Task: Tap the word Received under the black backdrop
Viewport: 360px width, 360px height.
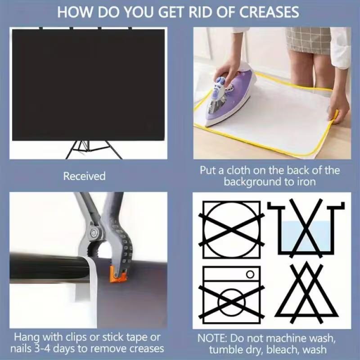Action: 84,176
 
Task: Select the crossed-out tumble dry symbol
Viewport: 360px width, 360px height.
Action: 231,230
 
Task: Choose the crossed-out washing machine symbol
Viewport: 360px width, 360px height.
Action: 231,295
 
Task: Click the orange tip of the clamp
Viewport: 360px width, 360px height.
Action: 118,274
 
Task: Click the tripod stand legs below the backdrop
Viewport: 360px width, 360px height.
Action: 94,149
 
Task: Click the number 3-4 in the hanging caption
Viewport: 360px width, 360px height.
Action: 42,348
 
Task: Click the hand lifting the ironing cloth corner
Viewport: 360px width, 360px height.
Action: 339,108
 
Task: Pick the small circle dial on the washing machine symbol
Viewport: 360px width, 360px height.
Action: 250,274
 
